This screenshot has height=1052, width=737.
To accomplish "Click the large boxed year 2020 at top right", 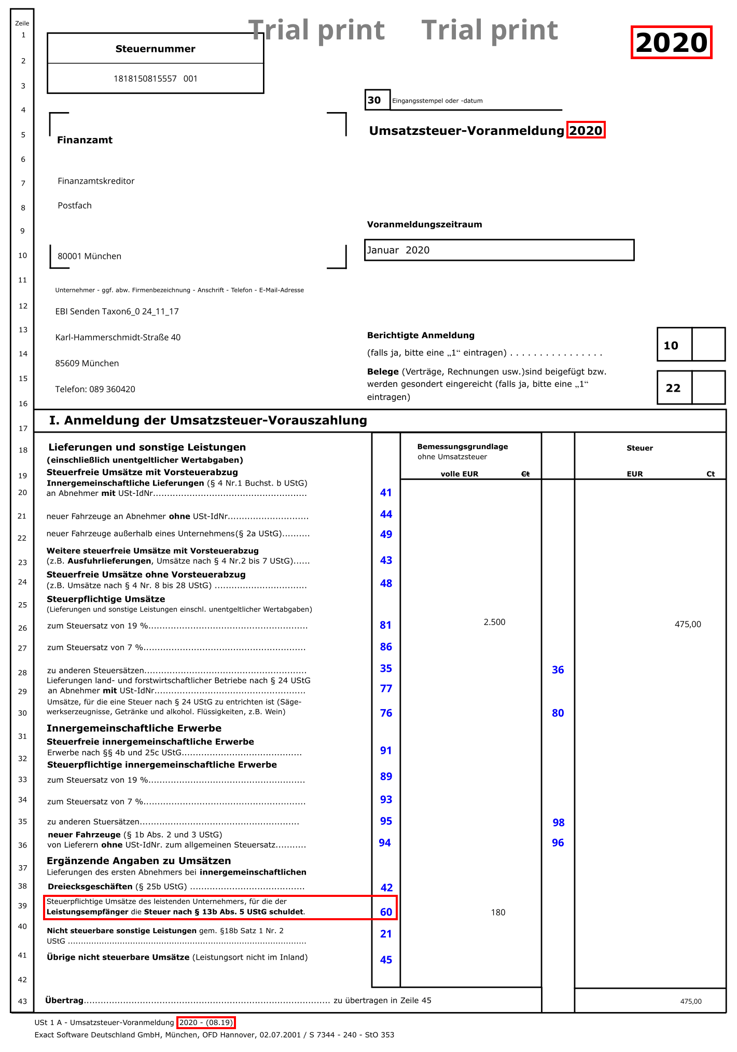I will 671,43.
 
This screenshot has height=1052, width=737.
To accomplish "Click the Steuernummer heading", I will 155,49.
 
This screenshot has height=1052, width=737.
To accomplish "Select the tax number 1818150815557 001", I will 155,79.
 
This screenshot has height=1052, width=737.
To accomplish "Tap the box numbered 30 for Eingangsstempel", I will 374,100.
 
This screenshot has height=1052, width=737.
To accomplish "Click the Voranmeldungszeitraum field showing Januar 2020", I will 498,250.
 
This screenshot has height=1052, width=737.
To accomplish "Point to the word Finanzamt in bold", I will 85,140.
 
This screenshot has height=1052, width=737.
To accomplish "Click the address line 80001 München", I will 89,256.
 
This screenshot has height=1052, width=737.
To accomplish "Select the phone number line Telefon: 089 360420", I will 95,389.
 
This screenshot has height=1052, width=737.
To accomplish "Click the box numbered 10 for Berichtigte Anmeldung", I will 671,345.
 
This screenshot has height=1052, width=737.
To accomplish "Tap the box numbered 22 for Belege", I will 673,388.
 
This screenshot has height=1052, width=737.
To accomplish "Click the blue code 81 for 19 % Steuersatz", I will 385,625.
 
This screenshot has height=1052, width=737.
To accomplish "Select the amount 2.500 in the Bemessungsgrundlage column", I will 494,622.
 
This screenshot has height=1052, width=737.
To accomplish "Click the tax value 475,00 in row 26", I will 687,624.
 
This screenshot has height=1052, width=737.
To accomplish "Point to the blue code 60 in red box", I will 386,912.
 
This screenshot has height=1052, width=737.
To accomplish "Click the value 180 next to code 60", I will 497,912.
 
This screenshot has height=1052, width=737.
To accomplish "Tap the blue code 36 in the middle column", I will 558,670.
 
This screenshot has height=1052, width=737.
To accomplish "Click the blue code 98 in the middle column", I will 558,822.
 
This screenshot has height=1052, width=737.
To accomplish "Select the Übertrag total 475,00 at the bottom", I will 690,1001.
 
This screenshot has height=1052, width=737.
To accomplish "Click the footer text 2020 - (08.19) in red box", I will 206,1022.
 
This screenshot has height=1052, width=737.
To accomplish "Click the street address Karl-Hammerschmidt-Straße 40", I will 118,337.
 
